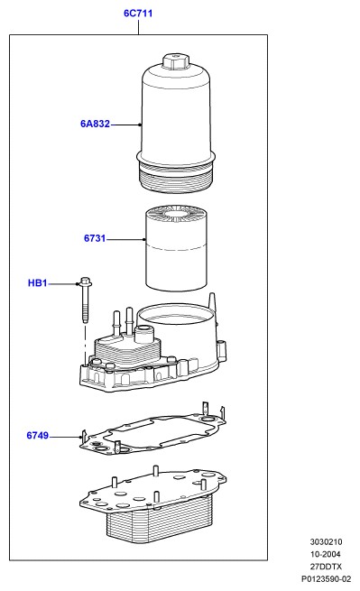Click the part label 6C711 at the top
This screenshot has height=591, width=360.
138,14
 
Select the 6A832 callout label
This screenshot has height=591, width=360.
95,124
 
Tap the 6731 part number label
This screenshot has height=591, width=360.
95,238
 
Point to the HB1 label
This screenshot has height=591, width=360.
37,282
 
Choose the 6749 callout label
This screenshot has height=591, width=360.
37,435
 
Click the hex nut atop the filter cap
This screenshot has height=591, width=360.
174,61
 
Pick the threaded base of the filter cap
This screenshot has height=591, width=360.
176,178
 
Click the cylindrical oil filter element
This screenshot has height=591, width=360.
176,248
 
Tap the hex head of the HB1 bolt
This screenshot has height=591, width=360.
86,282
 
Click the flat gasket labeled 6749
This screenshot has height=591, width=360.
152,430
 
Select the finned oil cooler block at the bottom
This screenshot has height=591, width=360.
152,504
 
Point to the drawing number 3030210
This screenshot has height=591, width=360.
326,541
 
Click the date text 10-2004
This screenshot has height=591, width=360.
326,554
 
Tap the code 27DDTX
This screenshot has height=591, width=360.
326,567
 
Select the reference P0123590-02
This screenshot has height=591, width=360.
326,579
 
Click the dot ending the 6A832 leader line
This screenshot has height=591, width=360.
140,125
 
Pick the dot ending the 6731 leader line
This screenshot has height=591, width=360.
144,239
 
